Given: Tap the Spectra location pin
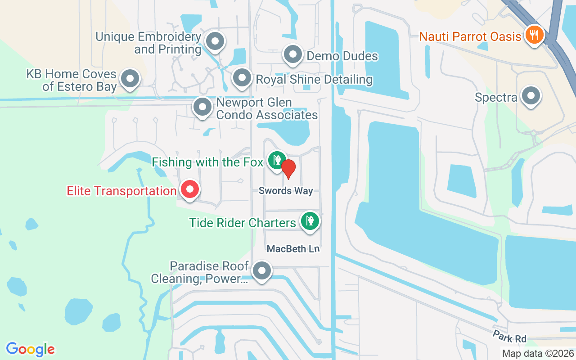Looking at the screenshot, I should tap(531, 96).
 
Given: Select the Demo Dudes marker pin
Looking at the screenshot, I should tap(293, 55).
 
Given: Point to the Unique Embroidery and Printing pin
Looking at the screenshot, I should tap(215, 41).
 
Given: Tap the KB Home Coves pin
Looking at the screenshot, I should tap(130, 79).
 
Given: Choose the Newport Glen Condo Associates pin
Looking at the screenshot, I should tap(202, 107).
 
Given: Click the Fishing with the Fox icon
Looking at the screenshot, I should tap(276, 160).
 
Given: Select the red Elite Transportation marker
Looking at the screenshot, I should tap(189, 189).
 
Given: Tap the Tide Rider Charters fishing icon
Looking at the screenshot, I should tap(310, 221).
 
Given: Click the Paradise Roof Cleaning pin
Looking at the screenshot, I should tap(261, 271).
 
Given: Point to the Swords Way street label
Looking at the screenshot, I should tap(285, 191).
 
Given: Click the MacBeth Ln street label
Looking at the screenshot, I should tap(292, 249).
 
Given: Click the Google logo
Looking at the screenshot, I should tap(30, 349).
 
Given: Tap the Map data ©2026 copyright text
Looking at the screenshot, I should tap(537, 353).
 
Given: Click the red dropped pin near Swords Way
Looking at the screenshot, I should tap(288, 168).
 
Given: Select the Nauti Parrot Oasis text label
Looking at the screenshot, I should tap(470, 36).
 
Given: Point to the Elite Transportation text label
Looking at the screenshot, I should tap(121, 191).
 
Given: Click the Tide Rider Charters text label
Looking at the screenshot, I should tap(243, 222).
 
